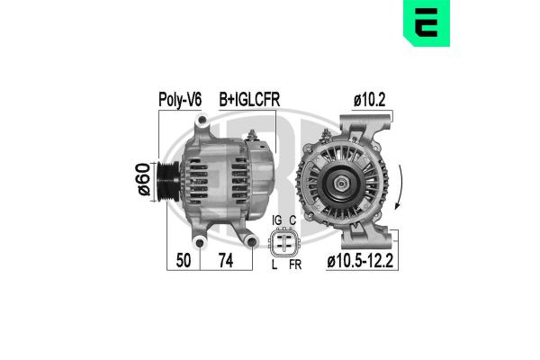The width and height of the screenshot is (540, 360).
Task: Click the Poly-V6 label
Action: tap(180, 100)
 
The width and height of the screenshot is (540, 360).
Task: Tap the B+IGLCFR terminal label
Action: tap(249, 100)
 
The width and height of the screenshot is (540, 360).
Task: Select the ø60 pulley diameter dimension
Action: tap(144, 179)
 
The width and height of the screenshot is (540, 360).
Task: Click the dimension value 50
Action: tap(184, 260)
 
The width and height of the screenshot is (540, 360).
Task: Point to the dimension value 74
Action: tap(226, 260)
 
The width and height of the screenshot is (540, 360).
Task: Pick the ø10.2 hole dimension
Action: tap(370, 100)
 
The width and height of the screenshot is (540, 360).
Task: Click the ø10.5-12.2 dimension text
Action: tap(360, 261)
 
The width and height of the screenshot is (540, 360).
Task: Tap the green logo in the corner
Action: tap(427, 22)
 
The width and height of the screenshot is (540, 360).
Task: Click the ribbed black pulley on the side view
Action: tap(168, 181)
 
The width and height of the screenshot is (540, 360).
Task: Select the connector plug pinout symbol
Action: tap(284, 243)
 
